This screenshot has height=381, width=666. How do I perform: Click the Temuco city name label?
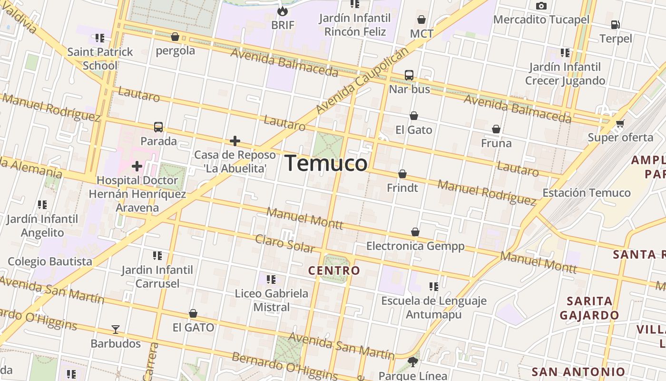coord(326,164)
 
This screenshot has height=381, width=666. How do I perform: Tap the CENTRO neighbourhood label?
coord(334,271)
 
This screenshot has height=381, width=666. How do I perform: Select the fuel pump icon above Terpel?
coord(615,24)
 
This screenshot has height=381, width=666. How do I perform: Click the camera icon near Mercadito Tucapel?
coord(541,6)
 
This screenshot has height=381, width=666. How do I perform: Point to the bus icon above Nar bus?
coord(409,75)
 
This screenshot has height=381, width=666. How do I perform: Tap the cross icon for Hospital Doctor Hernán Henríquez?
coord(137,166)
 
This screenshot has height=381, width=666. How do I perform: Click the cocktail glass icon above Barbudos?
coord(115,330)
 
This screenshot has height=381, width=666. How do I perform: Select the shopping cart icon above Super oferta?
coord(620,124)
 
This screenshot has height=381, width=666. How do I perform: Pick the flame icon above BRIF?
coord(283,10)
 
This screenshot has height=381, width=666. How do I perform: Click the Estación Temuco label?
coord(587,193)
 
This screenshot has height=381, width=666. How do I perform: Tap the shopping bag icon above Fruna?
coord(496,129)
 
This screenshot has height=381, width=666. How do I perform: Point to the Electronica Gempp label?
coord(415,246)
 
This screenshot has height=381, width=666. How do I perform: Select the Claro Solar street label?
coord(285,243)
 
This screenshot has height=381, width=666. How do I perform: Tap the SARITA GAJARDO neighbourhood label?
coord(589,308)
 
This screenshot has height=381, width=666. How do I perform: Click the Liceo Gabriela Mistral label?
coord(272,300)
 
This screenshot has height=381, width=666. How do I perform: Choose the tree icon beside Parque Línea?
coord(413,362)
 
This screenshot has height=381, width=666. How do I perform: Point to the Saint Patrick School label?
coord(100,59)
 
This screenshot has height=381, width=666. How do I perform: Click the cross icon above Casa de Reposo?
coord(235,141)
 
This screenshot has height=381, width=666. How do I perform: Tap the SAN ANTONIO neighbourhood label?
coord(578,372)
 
